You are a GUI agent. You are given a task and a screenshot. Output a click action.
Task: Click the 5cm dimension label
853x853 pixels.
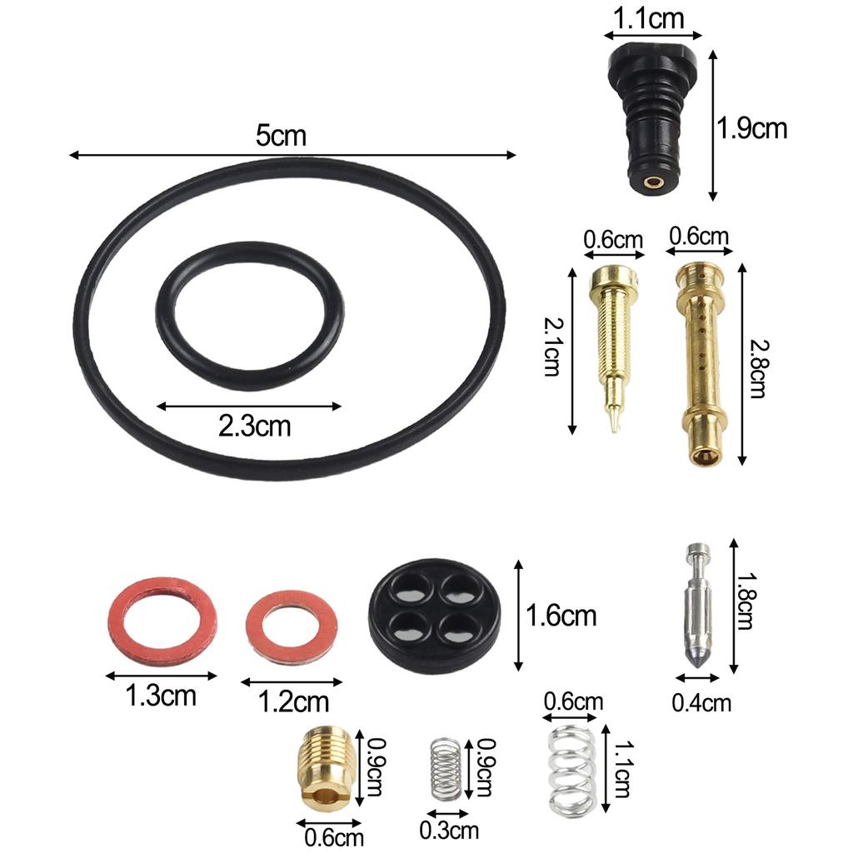tap(281, 136)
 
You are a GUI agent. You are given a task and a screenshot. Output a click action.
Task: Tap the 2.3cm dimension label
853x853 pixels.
tap(254, 426)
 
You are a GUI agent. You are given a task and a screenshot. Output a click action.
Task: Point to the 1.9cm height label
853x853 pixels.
tap(751, 128)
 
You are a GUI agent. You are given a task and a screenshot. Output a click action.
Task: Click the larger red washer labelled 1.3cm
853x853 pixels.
tap(162, 620)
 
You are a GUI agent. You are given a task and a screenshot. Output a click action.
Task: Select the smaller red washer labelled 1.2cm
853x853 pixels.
tap(292, 627)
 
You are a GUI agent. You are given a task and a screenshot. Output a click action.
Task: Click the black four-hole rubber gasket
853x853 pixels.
tap(434, 617)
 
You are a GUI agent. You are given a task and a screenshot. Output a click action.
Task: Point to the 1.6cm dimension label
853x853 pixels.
tap(561, 616)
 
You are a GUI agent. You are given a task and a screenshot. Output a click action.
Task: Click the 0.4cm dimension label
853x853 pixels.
tap(701, 703)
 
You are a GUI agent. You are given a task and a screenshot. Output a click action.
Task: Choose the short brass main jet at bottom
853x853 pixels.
tap(326, 766)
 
